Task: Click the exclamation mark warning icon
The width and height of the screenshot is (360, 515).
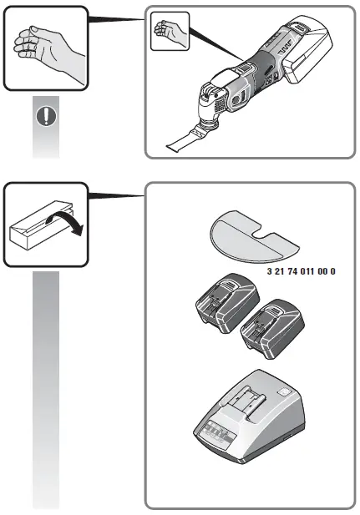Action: pyautogui.click(x=46, y=117)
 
